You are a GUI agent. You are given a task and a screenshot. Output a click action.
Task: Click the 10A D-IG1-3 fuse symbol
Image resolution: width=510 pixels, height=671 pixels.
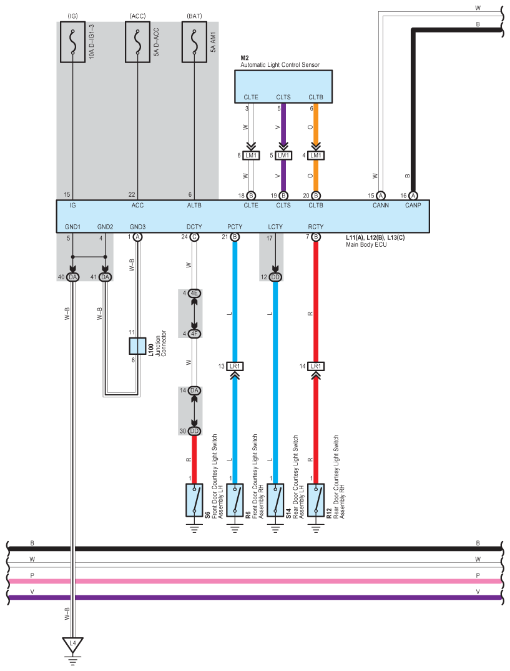(x=72, y=42)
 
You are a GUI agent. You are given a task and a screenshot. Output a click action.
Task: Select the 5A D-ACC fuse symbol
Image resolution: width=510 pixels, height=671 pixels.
(x=138, y=42)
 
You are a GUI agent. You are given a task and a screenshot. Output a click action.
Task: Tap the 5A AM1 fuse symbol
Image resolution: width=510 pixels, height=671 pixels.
(x=195, y=42)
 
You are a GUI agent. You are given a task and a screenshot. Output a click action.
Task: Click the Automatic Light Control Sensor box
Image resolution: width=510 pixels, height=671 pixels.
(x=283, y=87)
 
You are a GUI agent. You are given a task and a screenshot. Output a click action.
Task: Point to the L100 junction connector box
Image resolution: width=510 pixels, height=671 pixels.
(x=138, y=345)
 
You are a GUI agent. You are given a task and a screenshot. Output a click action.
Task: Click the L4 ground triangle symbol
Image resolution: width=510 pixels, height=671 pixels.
(x=72, y=645)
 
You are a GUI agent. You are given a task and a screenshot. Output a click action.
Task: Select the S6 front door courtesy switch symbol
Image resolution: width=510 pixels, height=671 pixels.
(x=195, y=500)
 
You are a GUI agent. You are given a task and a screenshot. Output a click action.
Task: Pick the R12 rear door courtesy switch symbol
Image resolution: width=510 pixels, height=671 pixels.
(x=316, y=500)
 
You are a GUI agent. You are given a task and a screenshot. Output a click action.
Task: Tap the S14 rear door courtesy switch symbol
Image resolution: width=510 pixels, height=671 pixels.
(x=275, y=500)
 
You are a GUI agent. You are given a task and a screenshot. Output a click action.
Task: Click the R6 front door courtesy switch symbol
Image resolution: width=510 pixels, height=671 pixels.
(x=235, y=500)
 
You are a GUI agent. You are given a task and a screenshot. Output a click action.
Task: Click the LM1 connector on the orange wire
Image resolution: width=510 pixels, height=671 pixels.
(x=316, y=156)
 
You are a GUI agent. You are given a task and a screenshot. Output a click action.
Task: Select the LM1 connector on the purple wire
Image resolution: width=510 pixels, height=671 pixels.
(x=283, y=156)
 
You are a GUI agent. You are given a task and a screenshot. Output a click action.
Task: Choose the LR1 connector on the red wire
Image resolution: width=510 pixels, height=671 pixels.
(x=316, y=366)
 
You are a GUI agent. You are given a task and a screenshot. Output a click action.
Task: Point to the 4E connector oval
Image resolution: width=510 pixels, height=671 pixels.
(x=195, y=293)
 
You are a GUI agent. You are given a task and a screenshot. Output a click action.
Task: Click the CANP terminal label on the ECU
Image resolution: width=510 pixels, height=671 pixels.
(x=413, y=206)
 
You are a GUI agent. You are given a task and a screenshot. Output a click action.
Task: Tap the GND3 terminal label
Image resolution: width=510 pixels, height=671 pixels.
(x=138, y=227)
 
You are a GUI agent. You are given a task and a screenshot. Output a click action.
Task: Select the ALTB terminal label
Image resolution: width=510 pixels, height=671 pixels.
(x=194, y=206)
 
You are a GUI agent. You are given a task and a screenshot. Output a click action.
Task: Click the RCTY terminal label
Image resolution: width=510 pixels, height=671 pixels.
(x=316, y=227)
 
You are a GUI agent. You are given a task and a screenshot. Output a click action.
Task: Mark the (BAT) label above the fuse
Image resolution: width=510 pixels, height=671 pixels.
(x=195, y=16)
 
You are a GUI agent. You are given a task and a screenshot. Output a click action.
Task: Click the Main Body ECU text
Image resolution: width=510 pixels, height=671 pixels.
(x=366, y=245)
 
